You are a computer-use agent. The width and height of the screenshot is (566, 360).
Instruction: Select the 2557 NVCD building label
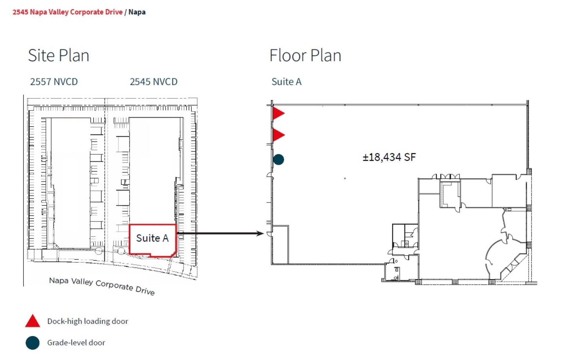pyautogui.click(x=54, y=82)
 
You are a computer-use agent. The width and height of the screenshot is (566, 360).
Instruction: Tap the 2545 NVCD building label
pyautogui.click(x=153, y=82)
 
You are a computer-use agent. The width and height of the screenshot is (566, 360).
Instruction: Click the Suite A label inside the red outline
pyautogui.click(x=152, y=238)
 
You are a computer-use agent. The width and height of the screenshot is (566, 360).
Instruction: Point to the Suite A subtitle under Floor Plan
pyautogui.click(x=286, y=82)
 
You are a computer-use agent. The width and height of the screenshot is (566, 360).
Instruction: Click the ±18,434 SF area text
pyautogui.click(x=389, y=157)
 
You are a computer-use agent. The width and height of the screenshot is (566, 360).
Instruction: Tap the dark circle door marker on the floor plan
pyautogui.click(x=278, y=159)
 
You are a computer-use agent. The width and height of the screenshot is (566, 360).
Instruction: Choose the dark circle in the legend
pyautogui.click(x=33, y=343)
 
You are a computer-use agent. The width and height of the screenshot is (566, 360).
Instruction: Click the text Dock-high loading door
pyautogui.click(x=87, y=321)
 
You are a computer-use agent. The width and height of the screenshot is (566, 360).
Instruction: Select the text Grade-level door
pyautogui.click(x=76, y=343)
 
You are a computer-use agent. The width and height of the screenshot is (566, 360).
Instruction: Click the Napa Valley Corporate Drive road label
pyautogui.click(x=102, y=286)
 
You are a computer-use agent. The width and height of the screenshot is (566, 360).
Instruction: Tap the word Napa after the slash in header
pyautogui.click(x=137, y=12)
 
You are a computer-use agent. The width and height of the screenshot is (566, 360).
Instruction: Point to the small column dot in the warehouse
pyautogui.click(x=345, y=178)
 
